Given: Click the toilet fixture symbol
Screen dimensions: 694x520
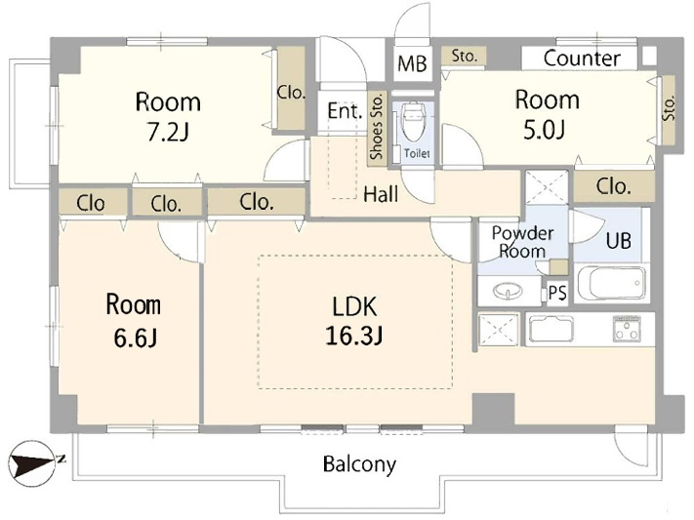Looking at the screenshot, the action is tap(414, 122).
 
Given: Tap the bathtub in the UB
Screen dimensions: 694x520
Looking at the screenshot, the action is tap(612, 283).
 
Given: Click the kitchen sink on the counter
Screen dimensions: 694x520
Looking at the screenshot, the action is tap(551, 329).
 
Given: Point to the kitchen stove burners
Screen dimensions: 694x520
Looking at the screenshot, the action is tap(627, 329).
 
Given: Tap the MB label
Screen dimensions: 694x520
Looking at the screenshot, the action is tap(412, 63).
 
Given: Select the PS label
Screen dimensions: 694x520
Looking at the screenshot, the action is tap(557, 293).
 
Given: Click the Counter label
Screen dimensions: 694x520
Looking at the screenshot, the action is tap(582, 59).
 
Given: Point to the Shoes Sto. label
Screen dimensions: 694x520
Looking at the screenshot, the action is tap(377, 127).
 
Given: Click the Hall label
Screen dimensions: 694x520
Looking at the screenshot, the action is tap(381, 194).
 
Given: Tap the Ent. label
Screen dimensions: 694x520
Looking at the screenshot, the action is tap(346, 111).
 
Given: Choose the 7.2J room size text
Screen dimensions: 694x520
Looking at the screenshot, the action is tap(168, 132).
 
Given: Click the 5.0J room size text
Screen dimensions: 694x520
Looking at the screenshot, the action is tap(545, 131).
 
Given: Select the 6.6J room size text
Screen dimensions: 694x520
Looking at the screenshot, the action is tap(135, 339).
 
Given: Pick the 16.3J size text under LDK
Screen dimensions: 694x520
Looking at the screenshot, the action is tap(354, 336).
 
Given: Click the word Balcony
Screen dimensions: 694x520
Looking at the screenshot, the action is tap(359, 464).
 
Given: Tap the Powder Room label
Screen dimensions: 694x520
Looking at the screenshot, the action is tap(523, 242).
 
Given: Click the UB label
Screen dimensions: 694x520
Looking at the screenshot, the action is tap(619, 241).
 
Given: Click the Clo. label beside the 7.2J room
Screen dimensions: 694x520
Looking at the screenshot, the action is tap(291, 93).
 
